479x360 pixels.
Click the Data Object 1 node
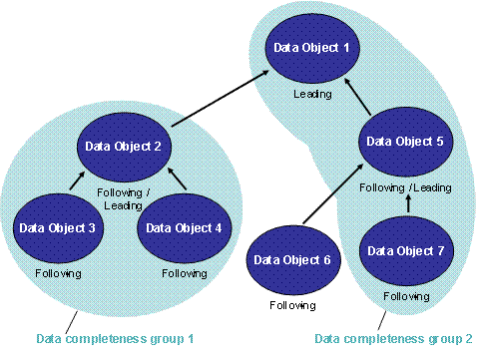305,48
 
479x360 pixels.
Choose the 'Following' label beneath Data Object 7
406,296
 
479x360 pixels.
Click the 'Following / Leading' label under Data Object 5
405,187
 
